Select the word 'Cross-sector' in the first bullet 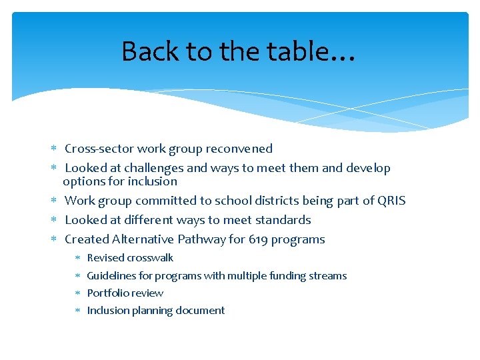click(97, 149)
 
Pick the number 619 click(259, 239)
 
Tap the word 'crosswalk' click(150, 258)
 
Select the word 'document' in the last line click(203, 310)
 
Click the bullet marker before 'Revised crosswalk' click(77, 258)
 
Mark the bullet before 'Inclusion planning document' click(77, 310)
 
